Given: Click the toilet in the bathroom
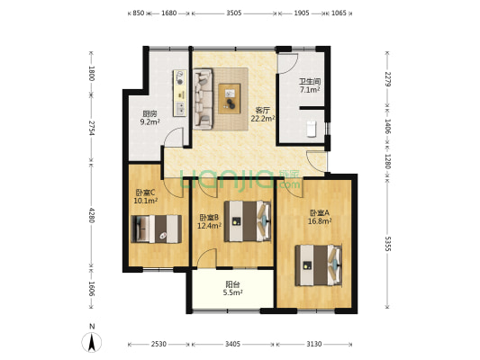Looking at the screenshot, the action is (x=311, y=129).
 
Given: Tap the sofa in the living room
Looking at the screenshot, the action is (x=203, y=98).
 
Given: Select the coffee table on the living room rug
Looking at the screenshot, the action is (x=230, y=99).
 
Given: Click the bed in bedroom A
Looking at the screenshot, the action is (x=319, y=265).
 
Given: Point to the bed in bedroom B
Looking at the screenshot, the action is (x=248, y=221).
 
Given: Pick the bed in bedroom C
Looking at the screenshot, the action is (x=156, y=229).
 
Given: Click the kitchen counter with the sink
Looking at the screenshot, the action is (x=180, y=93).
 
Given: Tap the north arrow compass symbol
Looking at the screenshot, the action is (x=92, y=342).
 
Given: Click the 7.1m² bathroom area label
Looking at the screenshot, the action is (x=310, y=90).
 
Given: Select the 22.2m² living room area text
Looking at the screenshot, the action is (x=263, y=119).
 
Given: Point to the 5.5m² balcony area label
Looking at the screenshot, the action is (x=232, y=292).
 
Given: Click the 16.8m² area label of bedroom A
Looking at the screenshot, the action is (x=320, y=220).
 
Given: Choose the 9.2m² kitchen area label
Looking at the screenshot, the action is (x=150, y=121).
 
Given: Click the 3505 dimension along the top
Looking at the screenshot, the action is (x=234, y=13).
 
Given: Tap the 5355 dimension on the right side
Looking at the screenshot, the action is (x=387, y=244).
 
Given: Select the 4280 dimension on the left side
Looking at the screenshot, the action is (x=91, y=215).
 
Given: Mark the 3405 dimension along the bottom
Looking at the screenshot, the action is (x=232, y=344).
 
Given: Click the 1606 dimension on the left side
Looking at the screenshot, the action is (x=91, y=289).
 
